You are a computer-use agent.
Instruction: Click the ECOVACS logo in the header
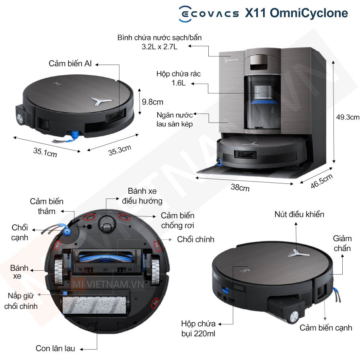tap(208, 13)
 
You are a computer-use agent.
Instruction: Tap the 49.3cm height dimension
tap(348, 117)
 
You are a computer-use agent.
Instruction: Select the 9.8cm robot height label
tap(152, 101)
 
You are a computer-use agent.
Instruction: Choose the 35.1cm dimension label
tap(45, 152)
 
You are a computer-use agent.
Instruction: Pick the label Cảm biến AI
tap(70, 64)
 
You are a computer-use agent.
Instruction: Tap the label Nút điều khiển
tap(299, 214)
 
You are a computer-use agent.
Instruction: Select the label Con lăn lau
tap(56, 348)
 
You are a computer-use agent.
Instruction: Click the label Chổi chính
tap(195, 239)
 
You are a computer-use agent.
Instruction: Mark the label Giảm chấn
tap(342, 243)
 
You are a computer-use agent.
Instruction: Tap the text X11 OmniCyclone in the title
tap(296, 13)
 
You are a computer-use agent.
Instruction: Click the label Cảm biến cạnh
tap(325, 327)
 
